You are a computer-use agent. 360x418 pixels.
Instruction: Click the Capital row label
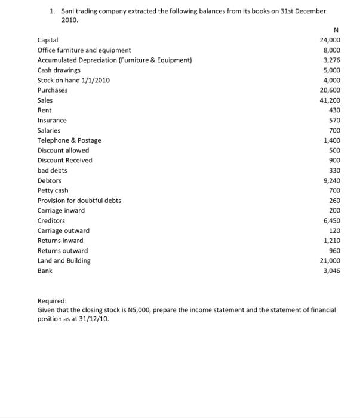[x=48, y=40]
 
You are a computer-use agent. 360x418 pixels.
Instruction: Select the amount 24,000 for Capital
[x=330, y=40]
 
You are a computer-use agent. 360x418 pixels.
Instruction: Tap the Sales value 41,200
[x=330, y=100]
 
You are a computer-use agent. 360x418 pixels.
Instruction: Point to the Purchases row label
[x=53, y=90]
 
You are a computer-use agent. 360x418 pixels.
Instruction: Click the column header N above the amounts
[x=337, y=29]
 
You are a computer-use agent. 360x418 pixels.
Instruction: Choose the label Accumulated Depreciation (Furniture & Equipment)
[x=115, y=60]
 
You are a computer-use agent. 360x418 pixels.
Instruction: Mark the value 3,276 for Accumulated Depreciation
[x=332, y=60]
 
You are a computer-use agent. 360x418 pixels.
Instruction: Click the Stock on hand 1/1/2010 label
[x=73, y=80]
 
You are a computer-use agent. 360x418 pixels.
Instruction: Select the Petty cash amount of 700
[x=334, y=190]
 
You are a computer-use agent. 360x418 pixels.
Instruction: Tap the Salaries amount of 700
[x=334, y=130]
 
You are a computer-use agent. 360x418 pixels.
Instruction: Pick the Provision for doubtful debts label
[x=79, y=201]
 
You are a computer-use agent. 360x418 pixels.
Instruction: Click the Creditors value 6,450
[x=332, y=221]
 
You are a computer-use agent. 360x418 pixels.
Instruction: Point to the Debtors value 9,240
[x=332, y=180]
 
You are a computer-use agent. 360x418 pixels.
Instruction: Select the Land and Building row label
[x=64, y=261]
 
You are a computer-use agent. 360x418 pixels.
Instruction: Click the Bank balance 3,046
[x=332, y=271]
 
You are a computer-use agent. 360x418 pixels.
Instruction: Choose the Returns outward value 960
[x=334, y=251]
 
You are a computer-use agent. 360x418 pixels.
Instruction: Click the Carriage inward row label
[x=61, y=211]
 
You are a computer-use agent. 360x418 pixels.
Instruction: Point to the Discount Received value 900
[x=334, y=161]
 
